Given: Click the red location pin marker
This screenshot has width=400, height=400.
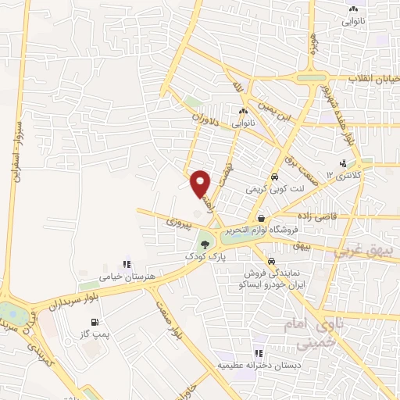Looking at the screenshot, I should (202, 184).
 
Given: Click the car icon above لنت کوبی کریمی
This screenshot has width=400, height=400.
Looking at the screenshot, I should (274, 177).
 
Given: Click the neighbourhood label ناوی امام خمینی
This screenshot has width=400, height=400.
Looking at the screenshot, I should (320, 330).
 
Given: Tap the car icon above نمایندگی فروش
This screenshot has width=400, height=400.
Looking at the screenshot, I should (270, 262).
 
